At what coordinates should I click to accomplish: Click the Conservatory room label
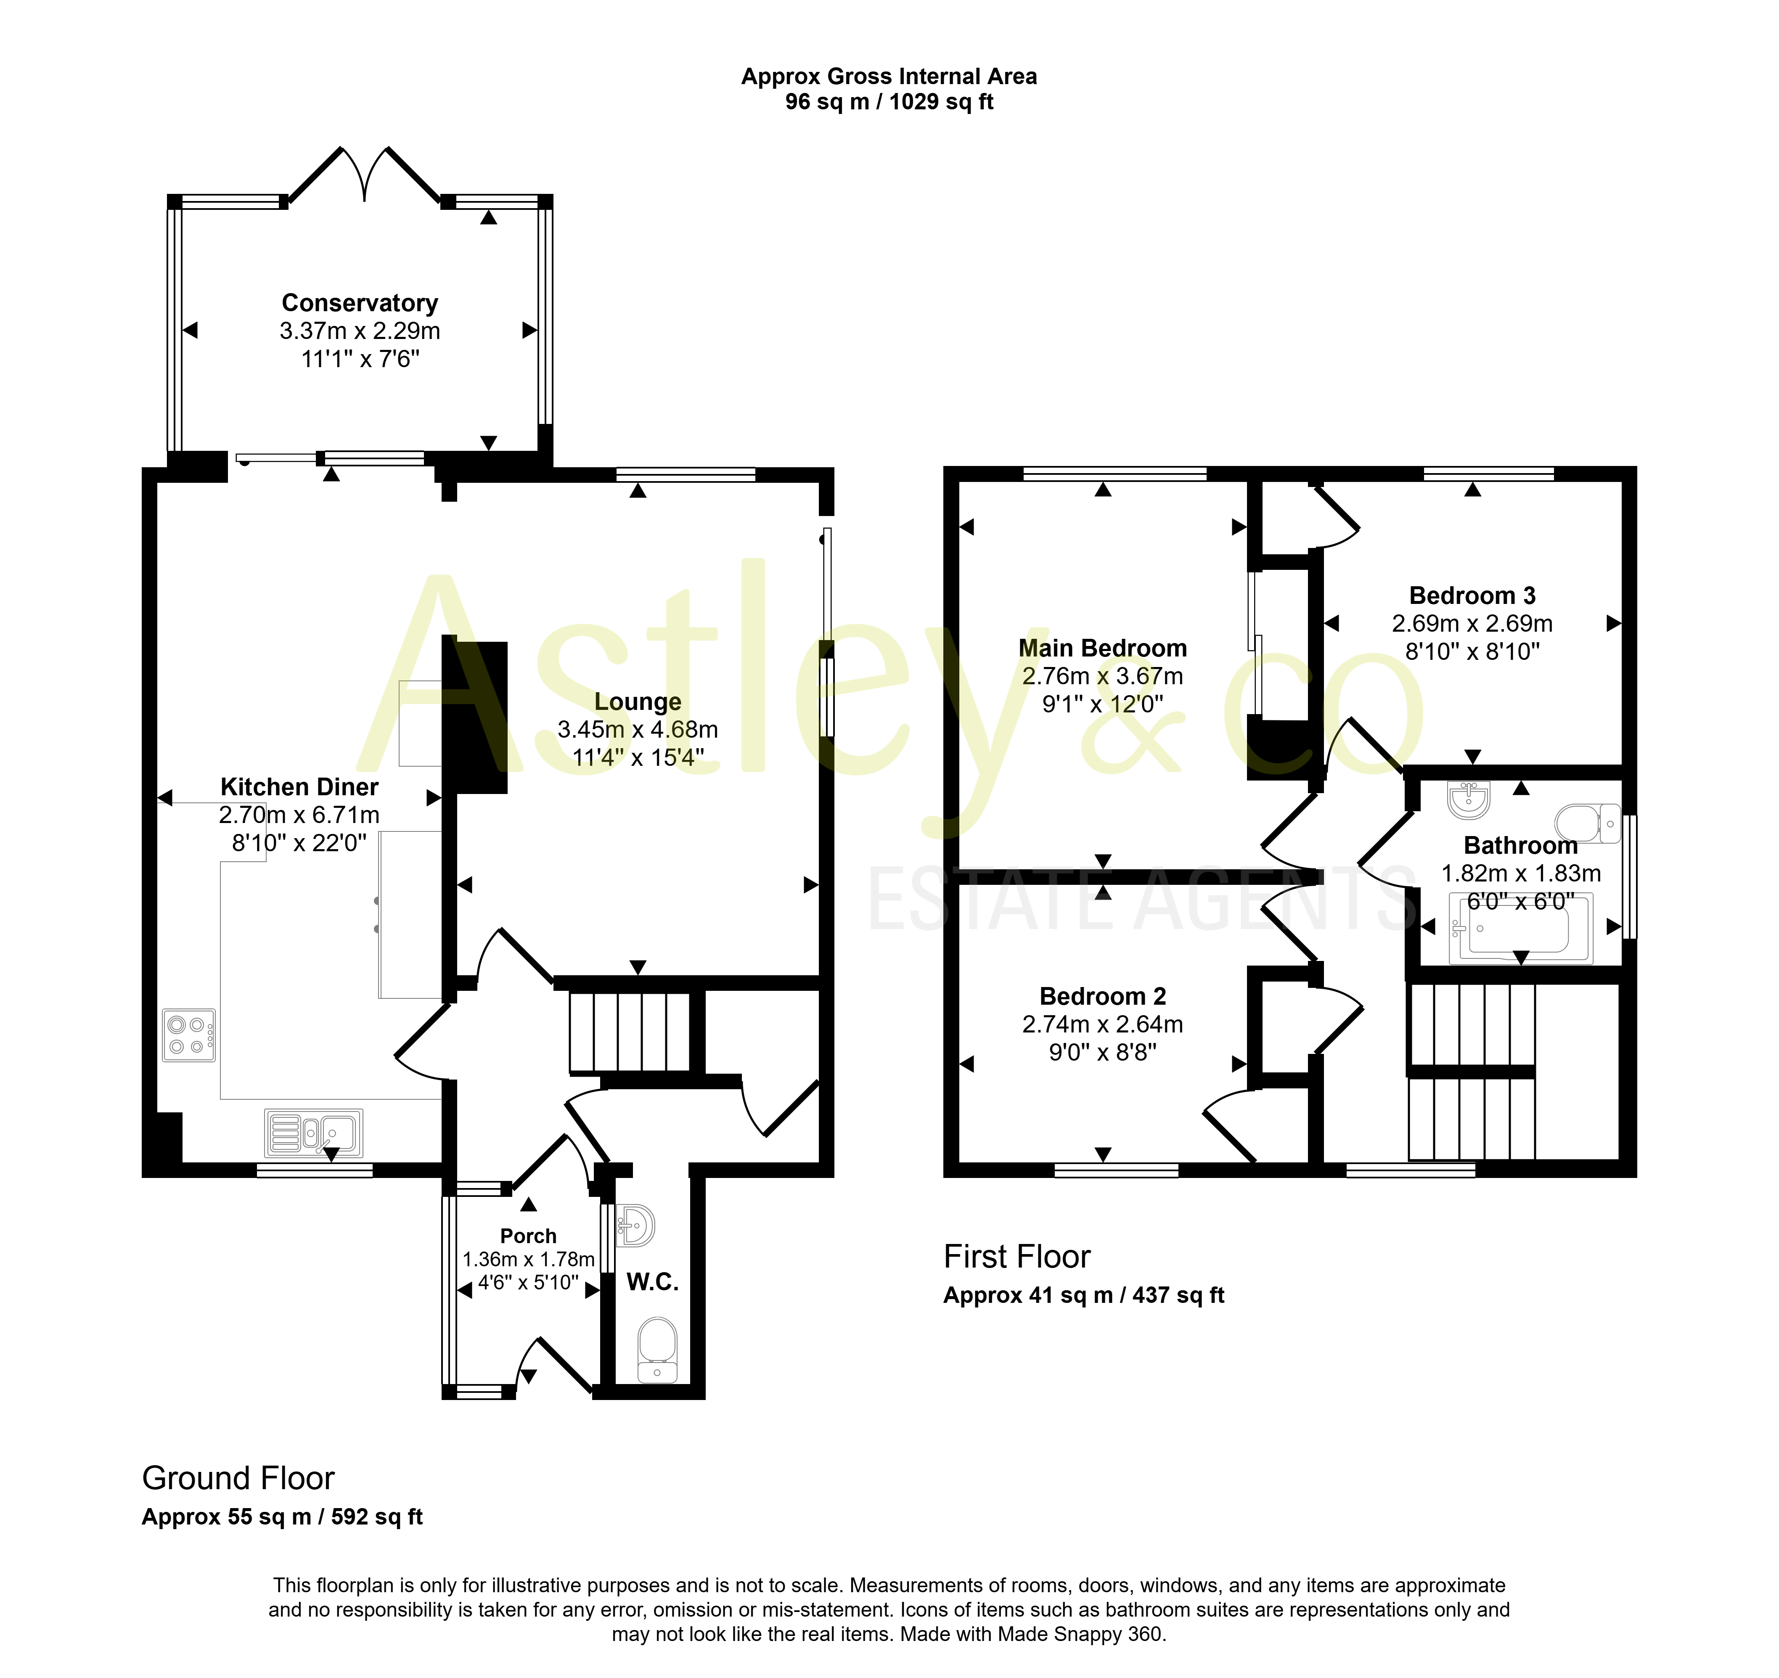click(x=360, y=303)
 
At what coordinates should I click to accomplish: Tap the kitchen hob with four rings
click(x=189, y=1035)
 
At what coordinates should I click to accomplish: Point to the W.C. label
click(x=652, y=1282)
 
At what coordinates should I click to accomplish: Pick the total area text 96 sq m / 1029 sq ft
click(x=889, y=102)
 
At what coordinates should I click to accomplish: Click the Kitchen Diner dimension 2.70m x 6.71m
click(x=299, y=814)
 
